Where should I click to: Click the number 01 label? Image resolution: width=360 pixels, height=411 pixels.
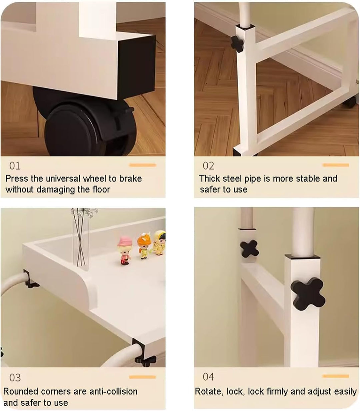(x=15, y=166)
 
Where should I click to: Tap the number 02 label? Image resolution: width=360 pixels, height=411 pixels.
(x=208, y=166)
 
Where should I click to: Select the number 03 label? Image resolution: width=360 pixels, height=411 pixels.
(x=15, y=377)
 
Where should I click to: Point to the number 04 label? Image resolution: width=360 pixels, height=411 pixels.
(x=208, y=377)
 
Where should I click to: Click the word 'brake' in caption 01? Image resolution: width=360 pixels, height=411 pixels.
(x=130, y=179)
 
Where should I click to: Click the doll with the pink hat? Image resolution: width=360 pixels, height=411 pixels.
(x=125, y=251)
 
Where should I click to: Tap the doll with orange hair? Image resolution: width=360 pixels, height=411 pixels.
(x=144, y=246)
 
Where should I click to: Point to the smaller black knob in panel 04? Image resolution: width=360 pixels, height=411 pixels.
(x=249, y=249)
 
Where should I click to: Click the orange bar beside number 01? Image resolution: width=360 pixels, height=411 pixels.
(x=143, y=165)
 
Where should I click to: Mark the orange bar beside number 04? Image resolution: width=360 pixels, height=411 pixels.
(x=335, y=376)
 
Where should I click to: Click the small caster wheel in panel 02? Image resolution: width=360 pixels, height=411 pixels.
(x=349, y=102)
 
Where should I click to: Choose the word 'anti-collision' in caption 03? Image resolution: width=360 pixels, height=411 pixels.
(x=113, y=391)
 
